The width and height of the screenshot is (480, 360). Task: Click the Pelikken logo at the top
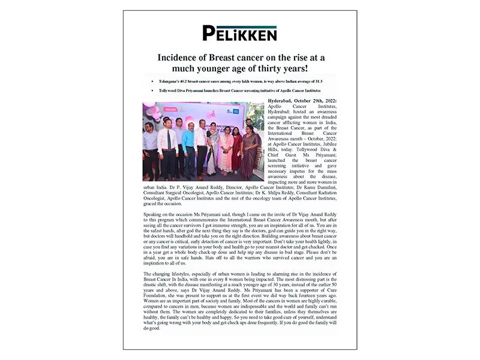coord(239,33)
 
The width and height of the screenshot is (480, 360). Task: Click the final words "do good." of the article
coord(150,329)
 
